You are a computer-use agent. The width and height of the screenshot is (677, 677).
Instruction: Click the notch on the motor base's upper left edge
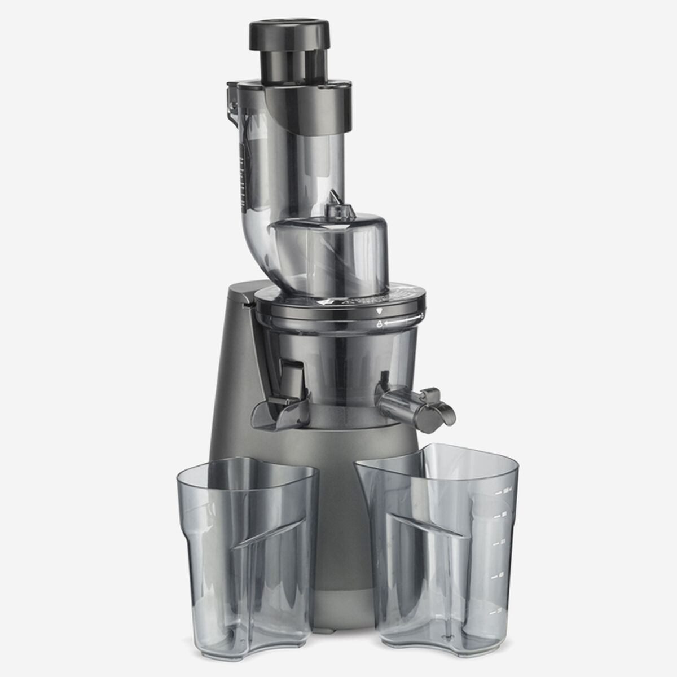pos(247,305)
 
